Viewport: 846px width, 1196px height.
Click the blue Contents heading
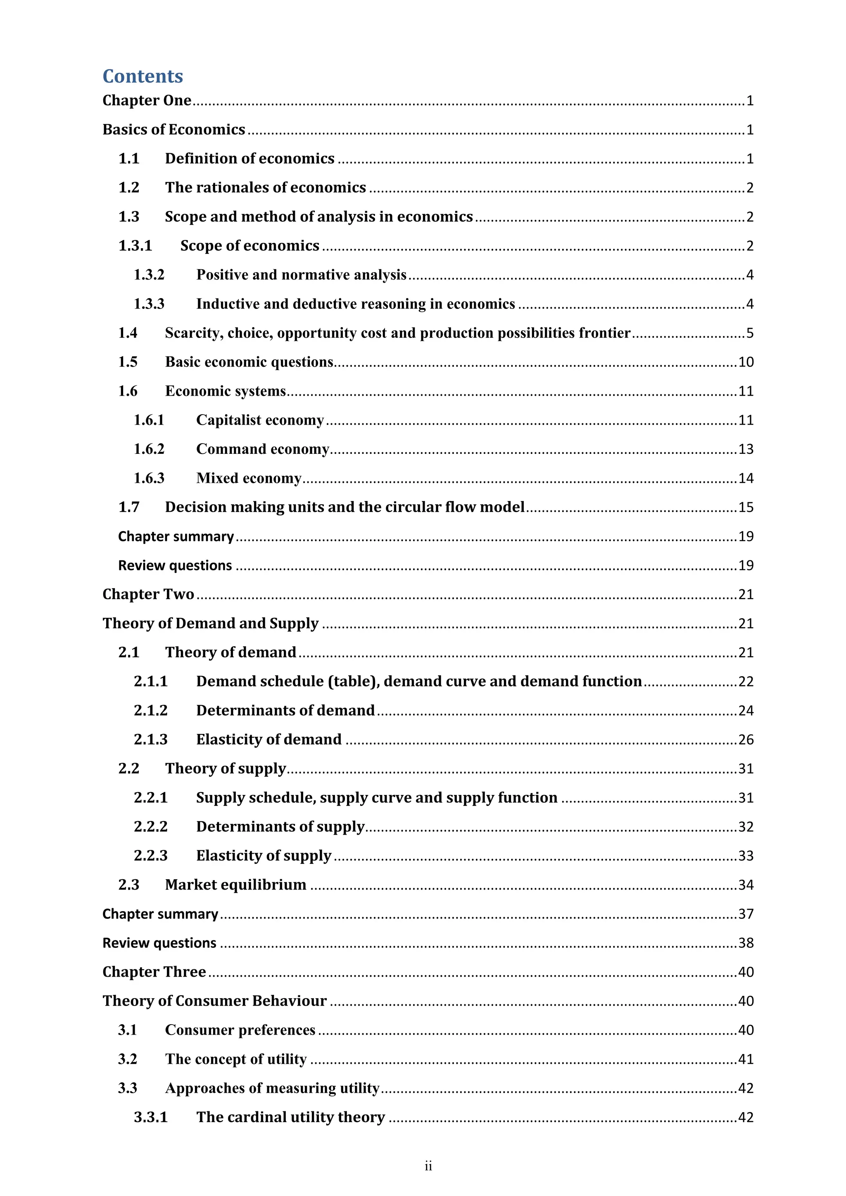tap(143, 76)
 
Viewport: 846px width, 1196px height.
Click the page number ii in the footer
tap(428, 1166)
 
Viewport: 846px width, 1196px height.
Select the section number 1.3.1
tap(135, 245)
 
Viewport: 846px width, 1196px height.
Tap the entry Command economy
tap(263, 449)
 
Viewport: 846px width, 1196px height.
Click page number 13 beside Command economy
tap(746, 449)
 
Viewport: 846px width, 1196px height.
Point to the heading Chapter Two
tap(148, 594)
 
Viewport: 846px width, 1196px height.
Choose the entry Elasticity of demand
tap(269, 740)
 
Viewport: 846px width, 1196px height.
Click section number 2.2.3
tap(150, 856)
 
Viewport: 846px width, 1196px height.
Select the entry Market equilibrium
tap(235, 885)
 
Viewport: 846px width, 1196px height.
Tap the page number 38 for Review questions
tap(746, 943)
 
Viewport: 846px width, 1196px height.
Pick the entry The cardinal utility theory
tap(291, 1118)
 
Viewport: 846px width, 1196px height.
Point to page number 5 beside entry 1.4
tap(750, 333)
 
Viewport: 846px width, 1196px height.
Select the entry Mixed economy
tap(249, 478)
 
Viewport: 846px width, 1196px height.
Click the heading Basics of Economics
tap(173, 129)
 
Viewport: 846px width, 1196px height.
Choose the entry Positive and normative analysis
tap(301, 275)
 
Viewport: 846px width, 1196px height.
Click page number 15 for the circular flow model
tap(746, 508)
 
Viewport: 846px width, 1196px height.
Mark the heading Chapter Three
tap(154, 972)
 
